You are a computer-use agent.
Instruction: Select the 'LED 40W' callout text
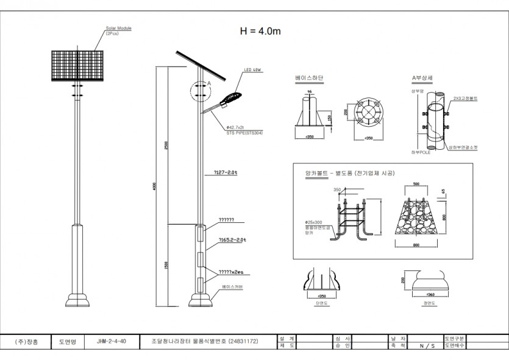(253, 71)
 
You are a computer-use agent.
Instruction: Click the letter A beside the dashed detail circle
(209, 82)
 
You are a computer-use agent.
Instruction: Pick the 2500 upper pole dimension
(166, 146)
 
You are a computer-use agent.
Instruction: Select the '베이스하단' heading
(308, 79)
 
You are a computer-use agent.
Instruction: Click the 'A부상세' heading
(422, 79)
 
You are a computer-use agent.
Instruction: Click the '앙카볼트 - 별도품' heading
(350, 174)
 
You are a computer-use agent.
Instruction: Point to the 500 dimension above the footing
(416, 183)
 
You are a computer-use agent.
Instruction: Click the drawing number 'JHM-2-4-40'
(112, 341)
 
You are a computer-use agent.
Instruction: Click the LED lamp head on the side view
(232, 97)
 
